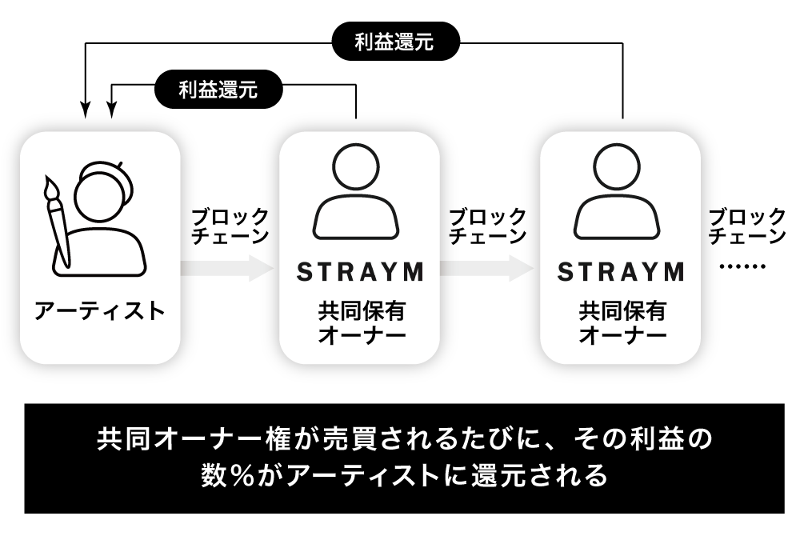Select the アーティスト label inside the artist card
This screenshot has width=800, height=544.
pyautogui.click(x=99, y=310)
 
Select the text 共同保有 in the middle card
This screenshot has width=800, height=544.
pyautogui.click(x=360, y=310)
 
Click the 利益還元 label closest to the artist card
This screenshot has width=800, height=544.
pyautogui.click(x=218, y=90)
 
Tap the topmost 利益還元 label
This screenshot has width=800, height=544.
pyautogui.click(x=394, y=42)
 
